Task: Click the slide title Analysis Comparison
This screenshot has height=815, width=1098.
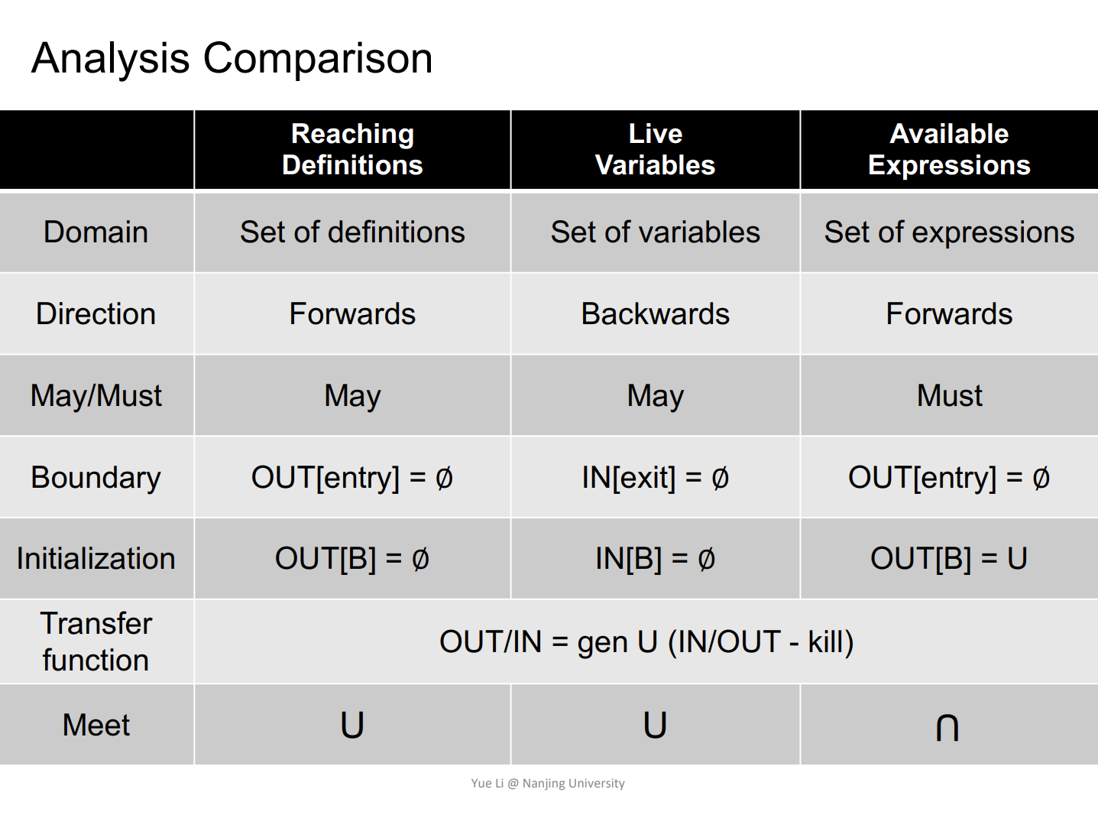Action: click(x=232, y=59)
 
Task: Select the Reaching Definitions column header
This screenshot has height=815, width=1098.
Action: click(x=352, y=149)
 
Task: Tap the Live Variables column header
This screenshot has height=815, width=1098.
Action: click(x=655, y=149)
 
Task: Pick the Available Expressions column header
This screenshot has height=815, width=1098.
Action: click(x=949, y=149)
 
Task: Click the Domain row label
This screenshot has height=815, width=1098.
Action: click(x=96, y=232)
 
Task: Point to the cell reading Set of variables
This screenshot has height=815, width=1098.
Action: click(x=655, y=232)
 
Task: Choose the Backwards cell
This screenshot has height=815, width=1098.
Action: click(x=655, y=313)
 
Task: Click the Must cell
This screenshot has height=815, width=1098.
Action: click(x=949, y=395)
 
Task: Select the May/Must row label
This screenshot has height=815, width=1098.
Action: click(x=96, y=396)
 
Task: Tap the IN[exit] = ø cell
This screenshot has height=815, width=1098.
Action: click(x=655, y=478)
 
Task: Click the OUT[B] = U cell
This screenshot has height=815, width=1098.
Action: click(x=949, y=558)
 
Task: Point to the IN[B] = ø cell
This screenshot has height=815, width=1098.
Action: click(x=655, y=558)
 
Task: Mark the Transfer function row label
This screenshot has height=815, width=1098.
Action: click(x=96, y=641)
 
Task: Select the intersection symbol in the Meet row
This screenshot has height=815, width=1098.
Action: click(x=947, y=727)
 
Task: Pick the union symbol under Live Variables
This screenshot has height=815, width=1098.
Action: click(x=655, y=726)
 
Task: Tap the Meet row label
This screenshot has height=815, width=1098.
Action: click(x=96, y=725)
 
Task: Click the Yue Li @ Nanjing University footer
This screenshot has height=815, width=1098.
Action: click(x=548, y=784)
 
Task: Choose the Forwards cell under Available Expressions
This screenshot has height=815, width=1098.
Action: click(x=949, y=313)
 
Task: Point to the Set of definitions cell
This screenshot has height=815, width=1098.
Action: click(x=352, y=232)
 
